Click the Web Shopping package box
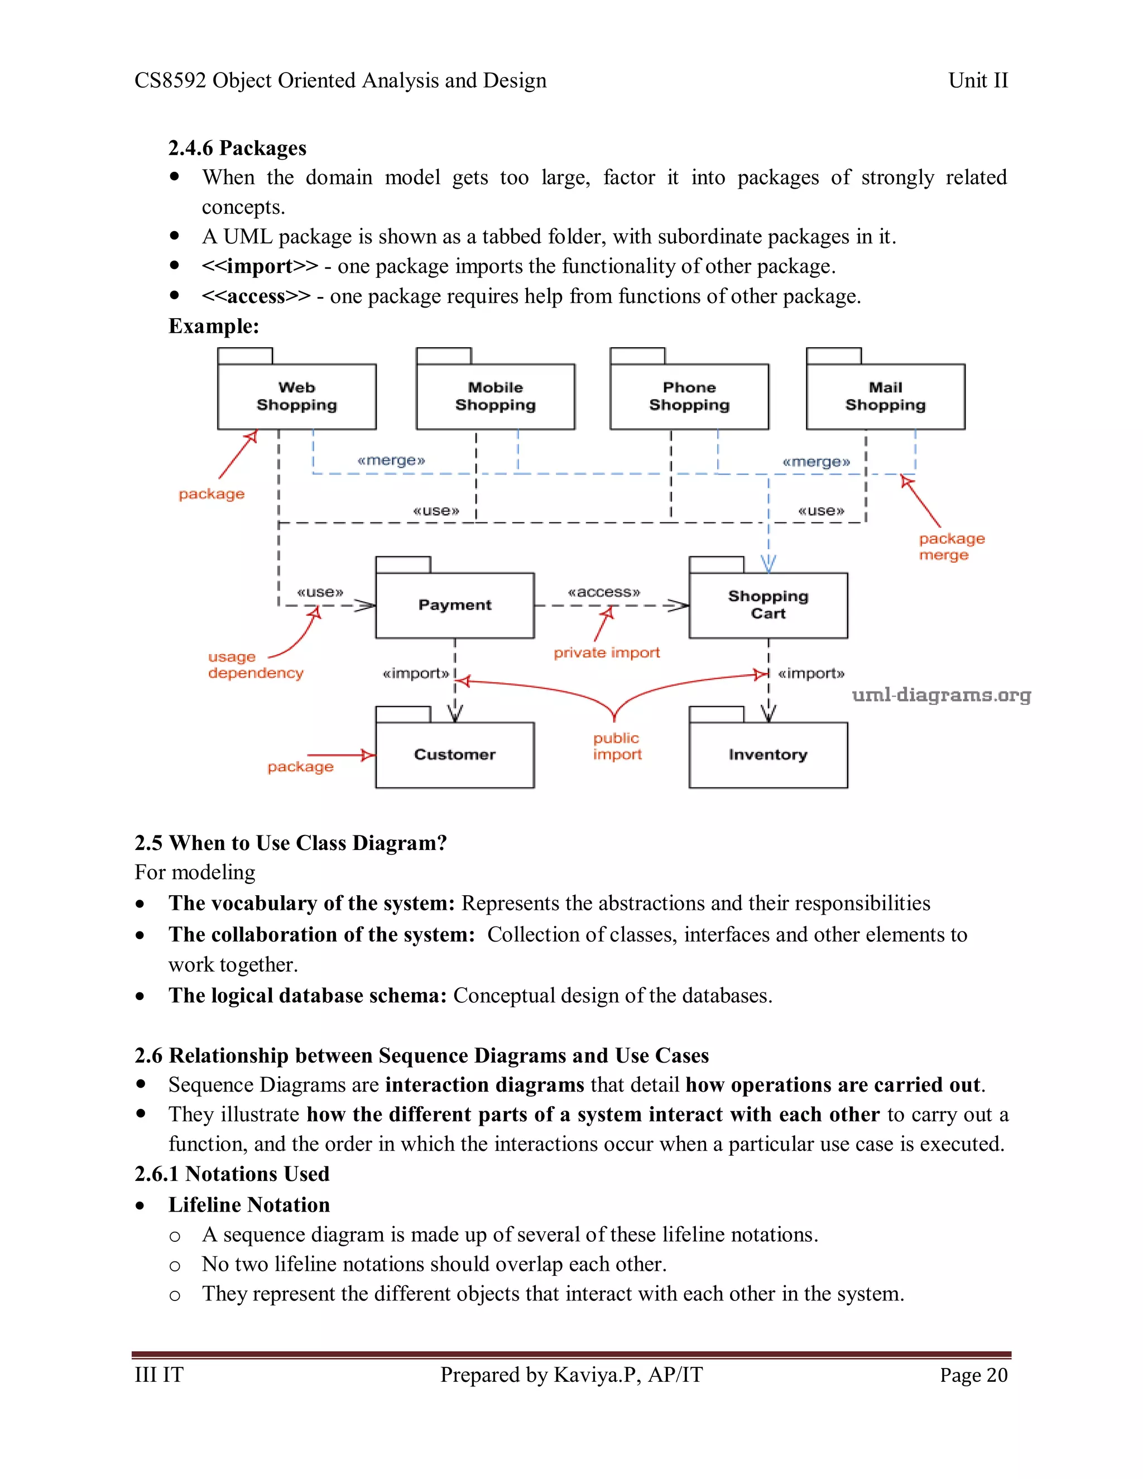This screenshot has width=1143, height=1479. [296, 396]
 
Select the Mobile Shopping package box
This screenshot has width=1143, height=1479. [495, 396]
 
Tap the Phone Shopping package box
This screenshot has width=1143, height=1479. [689, 396]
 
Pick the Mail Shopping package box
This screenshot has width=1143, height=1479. [885, 396]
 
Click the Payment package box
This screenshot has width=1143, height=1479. [454, 605]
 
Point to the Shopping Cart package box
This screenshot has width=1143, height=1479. [768, 605]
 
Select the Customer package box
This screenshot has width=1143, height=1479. [454, 755]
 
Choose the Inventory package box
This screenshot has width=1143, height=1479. [768, 755]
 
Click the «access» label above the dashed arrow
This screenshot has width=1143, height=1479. [603, 592]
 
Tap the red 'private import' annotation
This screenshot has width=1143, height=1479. [606, 653]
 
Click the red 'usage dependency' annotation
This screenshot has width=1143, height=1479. [254, 665]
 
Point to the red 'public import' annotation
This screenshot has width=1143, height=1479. [616, 746]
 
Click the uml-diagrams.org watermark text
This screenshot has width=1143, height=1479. [940, 695]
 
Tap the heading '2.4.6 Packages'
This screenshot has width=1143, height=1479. [237, 148]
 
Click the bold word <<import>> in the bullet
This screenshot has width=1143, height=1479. [260, 266]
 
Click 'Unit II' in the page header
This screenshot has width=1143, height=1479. [978, 80]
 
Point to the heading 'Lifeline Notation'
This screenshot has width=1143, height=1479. [248, 1205]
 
